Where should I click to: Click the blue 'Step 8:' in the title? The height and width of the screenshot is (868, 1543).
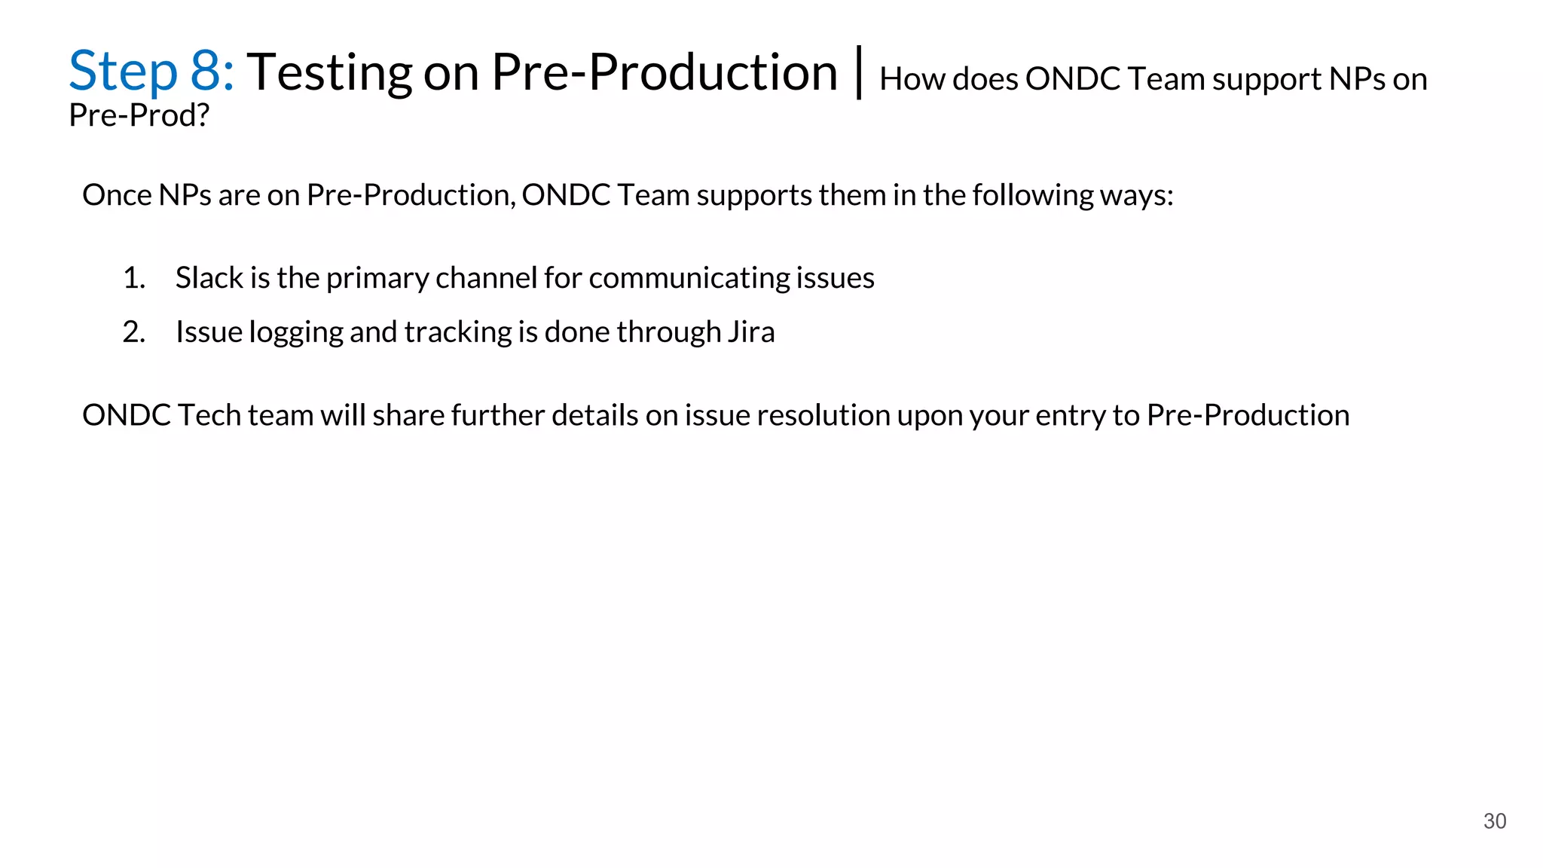pos(151,72)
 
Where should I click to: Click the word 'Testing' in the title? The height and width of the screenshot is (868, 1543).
pos(328,74)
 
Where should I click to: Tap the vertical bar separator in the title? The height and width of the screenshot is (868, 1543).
pos(859,73)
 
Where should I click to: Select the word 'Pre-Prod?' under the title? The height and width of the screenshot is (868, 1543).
pos(139,115)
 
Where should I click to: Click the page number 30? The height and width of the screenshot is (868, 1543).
pos(1494,821)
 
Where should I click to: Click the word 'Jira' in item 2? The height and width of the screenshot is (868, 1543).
pos(751,332)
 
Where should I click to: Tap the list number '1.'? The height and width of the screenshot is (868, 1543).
pos(134,278)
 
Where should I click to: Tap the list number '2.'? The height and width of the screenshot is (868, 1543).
pos(134,332)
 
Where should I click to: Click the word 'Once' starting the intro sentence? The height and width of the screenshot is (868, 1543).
pos(117,195)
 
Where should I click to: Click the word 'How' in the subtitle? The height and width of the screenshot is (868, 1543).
pos(912,79)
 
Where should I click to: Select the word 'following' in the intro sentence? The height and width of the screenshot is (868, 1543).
pos(1032,195)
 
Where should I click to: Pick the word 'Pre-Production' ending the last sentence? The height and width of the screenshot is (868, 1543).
pos(1248,416)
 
